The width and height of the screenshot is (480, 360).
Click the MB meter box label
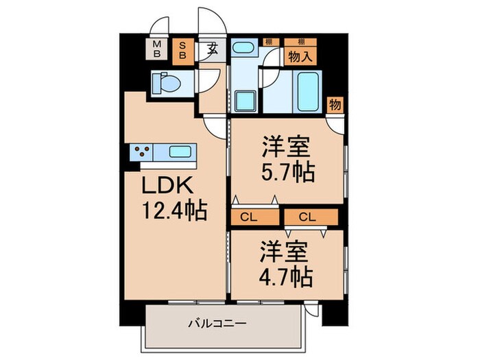pos(157,49)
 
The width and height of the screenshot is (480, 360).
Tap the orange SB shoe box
pos(183,49)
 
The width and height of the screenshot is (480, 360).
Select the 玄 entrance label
pos(213,50)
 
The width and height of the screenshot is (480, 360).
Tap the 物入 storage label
pos(300,57)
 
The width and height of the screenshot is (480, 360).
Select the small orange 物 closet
pos(335,105)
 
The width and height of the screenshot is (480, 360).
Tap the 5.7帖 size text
pos(287,171)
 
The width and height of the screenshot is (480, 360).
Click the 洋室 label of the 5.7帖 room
pos(287,145)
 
